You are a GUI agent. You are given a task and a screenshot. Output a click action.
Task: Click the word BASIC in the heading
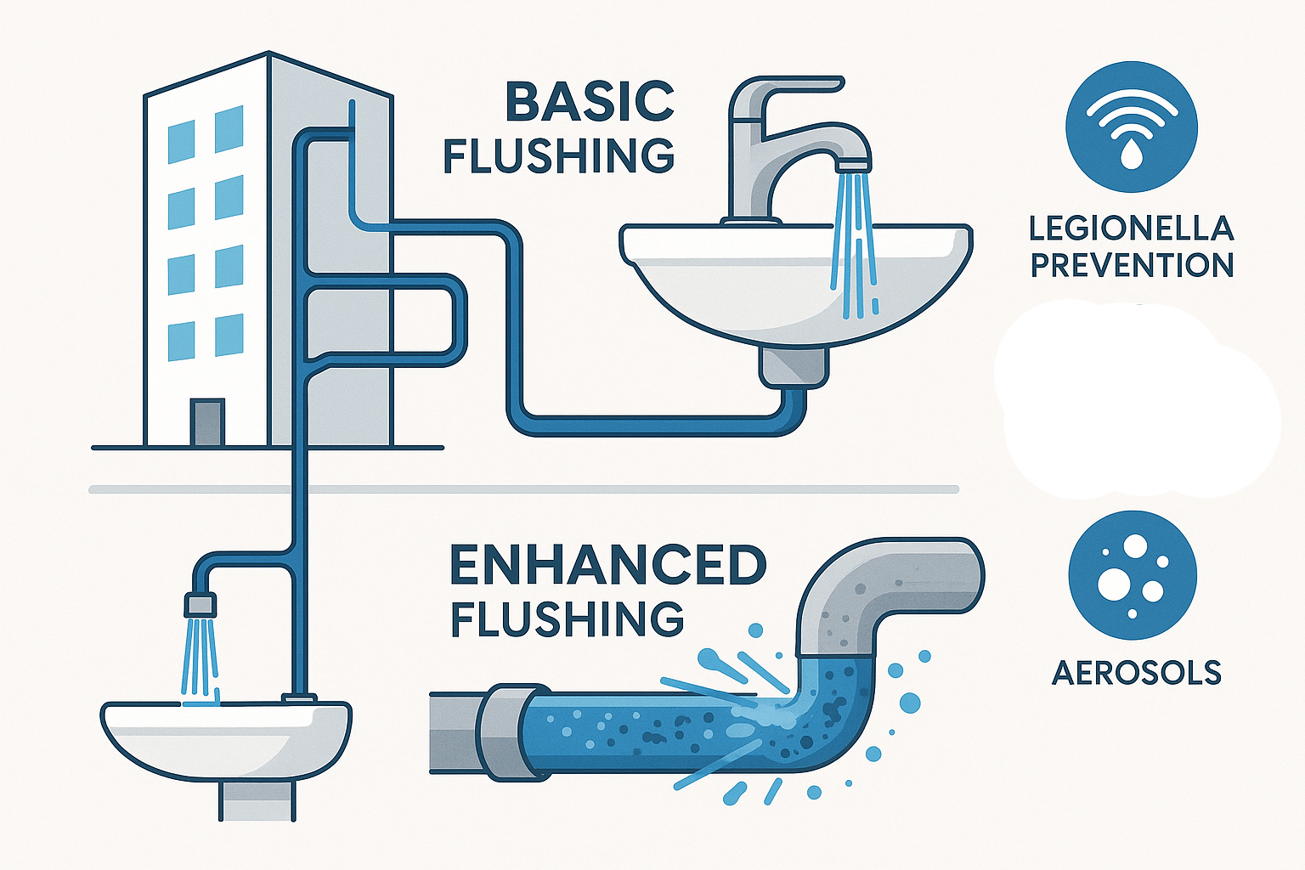pos(589,102)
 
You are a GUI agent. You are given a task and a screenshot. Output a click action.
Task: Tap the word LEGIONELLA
pos(1131,229)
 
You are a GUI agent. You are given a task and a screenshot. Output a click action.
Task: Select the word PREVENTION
pos(1132,265)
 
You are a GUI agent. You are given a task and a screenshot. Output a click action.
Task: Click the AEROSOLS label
pos(1136,673)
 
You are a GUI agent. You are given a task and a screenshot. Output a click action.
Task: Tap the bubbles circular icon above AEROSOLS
pos(1133,575)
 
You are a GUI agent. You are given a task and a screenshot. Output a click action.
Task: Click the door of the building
pos(207,422)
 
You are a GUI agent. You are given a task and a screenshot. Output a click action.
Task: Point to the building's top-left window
pos(181,142)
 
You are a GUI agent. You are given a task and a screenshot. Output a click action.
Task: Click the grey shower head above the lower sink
pos(201,605)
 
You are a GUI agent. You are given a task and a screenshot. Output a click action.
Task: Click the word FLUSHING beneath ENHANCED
pos(567,619)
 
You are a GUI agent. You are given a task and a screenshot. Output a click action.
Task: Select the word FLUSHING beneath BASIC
pos(559,155)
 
